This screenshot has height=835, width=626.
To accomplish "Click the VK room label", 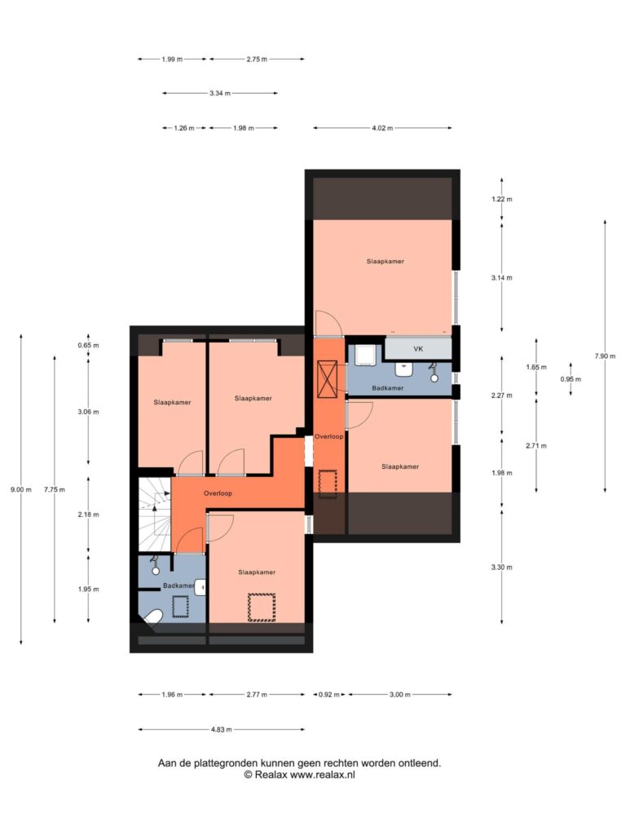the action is (x=418, y=349).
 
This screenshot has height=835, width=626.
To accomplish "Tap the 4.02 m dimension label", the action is (x=382, y=128).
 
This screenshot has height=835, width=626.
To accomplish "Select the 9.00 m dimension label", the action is (x=20, y=490).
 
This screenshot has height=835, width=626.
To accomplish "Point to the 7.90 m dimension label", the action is (x=605, y=356).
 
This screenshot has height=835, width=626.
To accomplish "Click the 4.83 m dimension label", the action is (x=221, y=730).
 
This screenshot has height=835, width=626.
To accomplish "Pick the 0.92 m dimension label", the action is (x=329, y=695).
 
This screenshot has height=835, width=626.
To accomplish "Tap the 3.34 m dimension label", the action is (x=220, y=93).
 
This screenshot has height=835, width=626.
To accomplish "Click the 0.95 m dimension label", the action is (x=571, y=380).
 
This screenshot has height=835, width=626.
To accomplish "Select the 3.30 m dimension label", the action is (x=501, y=568).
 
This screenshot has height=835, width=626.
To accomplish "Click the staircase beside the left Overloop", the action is (x=155, y=515).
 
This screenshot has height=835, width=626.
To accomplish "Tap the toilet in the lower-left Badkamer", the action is (x=152, y=617).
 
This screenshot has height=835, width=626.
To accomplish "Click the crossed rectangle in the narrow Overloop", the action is (x=326, y=379).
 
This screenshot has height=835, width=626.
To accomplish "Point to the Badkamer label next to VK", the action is (x=387, y=388).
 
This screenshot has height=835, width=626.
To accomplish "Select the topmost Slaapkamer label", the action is (x=386, y=262).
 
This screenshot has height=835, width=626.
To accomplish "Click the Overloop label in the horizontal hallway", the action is (x=218, y=493).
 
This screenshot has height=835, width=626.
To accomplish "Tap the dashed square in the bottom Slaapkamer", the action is (x=262, y=607).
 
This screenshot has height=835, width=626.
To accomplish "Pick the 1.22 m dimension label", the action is (x=501, y=200).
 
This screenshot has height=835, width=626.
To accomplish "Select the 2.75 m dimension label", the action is (x=257, y=60).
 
